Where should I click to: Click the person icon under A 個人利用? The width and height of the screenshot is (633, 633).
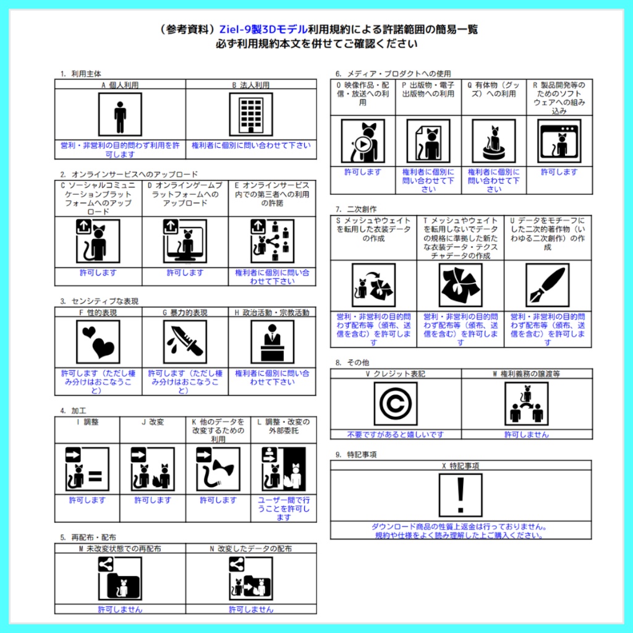point(120,114)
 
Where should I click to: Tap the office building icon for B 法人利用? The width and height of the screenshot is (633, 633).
point(252,114)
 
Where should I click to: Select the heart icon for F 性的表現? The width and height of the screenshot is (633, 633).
point(98,342)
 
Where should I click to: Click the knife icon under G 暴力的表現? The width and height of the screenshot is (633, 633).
point(185,342)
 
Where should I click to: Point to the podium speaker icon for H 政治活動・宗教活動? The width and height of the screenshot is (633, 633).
point(272,342)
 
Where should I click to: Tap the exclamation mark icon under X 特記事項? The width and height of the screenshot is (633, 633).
point(460,495)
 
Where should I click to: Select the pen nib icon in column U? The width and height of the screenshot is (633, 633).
point(547,285)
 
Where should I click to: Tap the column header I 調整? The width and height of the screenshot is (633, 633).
point(87,422)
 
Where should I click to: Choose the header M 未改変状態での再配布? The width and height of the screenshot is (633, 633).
point(120,548)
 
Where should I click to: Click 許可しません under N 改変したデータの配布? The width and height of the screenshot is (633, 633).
point(251,609)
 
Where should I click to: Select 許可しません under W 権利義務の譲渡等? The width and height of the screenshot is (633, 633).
point(526,435)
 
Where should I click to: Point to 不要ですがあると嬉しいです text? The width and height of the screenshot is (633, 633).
point(396,435)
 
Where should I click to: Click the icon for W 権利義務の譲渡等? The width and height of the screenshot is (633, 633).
point(526,404)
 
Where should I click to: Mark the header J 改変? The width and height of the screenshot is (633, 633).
point(153,422)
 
